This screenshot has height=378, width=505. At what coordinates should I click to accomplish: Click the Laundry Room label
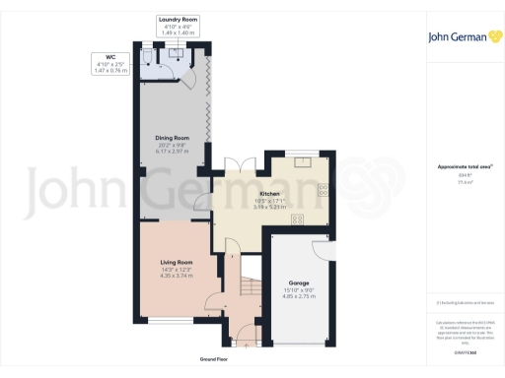[178, 19]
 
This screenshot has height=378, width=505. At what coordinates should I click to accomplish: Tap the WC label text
[100, 58]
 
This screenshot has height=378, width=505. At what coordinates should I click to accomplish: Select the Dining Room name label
[171, 137]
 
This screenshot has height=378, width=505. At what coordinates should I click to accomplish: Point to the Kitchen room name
[269, 194]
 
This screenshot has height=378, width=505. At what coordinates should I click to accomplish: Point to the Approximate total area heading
[458, 166]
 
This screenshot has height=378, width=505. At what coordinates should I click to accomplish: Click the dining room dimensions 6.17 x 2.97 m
[171, 151]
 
